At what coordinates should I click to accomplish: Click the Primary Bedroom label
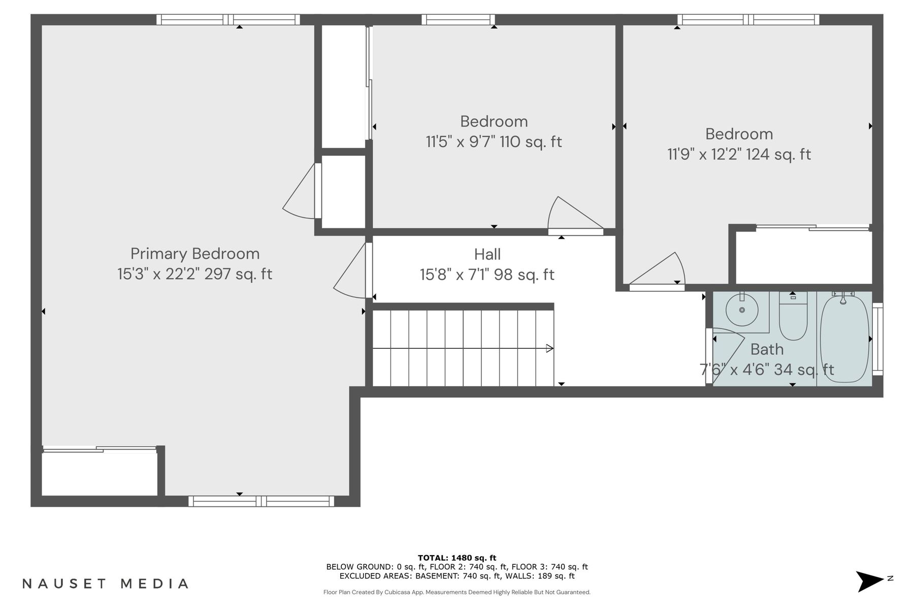coord(195,254)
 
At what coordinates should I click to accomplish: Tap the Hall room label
coord(487,254)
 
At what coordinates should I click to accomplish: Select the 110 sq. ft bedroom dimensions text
coord(494,142)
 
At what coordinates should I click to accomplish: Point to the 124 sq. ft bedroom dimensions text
coord(739,154)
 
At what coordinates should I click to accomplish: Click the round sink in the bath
coord(742,310)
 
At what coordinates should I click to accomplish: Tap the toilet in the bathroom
coord(793,320)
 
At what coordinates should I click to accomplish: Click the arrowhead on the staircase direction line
coord(549,348)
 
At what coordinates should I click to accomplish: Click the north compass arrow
coord(870,581)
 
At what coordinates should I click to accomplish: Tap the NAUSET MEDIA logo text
coord(106,584)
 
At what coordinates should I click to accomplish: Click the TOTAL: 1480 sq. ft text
coord(456,558)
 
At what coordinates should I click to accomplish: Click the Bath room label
coord(767,349)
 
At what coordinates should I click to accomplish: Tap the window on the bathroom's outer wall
coord(877,339)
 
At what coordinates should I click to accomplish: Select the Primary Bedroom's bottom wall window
coord(261,501)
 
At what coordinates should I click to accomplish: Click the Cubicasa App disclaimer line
coord(456,592)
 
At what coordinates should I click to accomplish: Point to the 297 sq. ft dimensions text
coord(195,274)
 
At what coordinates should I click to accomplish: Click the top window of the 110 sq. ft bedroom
coord(458,20)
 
